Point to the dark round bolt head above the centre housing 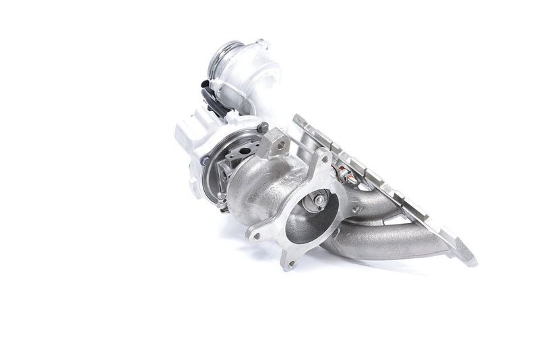click(x=263, y=126)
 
